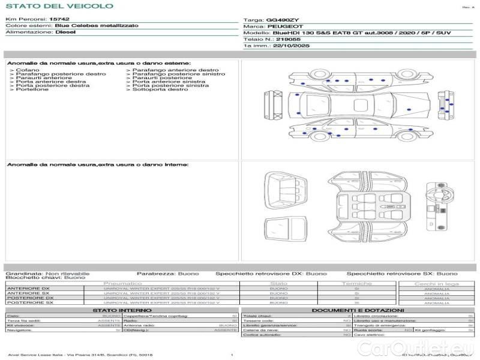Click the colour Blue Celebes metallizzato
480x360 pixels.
(x=96, y=26)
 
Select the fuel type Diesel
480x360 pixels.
(x=65, y=32)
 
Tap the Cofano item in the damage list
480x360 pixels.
(x=28, y=70)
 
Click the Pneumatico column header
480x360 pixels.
(x=123, y=283)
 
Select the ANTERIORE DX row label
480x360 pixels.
(x=28, y=289)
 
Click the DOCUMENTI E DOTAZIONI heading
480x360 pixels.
(x=358, y=310)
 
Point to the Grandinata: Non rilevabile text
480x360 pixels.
(x=47, y=273)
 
